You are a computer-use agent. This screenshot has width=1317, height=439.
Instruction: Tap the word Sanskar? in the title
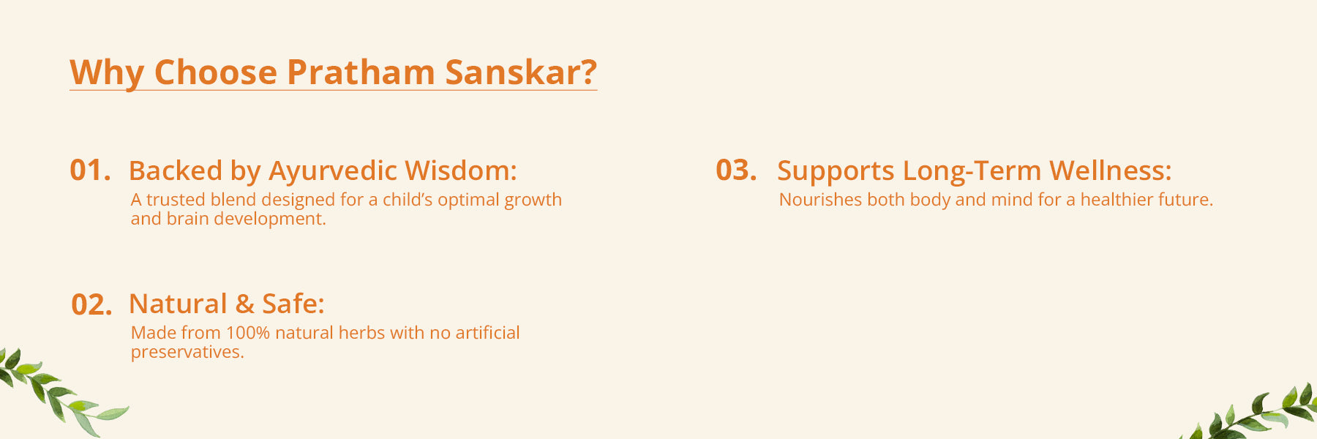pos(521,72)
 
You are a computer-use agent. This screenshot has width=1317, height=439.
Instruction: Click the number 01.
pos(90,170)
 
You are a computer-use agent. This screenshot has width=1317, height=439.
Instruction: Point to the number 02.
pos(91,304)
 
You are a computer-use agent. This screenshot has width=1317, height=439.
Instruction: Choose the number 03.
pos(736,170)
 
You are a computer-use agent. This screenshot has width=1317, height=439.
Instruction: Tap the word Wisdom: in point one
pos(461,170)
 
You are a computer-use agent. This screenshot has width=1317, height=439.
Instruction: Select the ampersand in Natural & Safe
pos(244,304)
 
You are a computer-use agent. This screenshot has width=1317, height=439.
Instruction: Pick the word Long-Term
pos(972,171)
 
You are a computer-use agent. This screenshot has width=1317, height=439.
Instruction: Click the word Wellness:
pos(1111,170)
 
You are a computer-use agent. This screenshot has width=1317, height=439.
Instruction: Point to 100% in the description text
pos(248,333)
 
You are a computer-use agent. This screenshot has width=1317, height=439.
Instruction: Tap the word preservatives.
pos(187,353)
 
